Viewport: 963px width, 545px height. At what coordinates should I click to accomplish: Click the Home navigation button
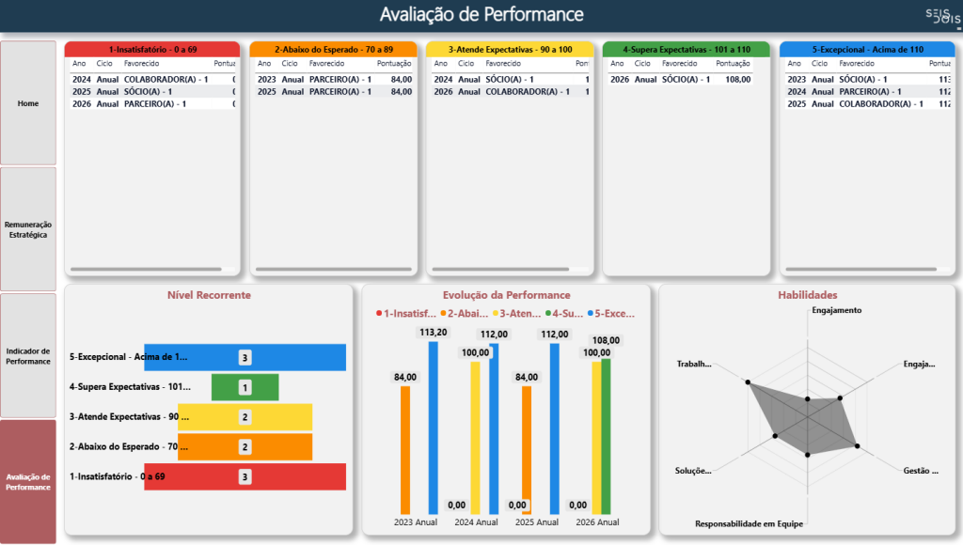(28, 103)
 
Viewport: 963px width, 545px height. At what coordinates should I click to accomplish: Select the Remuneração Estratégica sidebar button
(28, 229)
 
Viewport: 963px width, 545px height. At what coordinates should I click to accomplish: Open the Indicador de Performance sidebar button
(28, 355)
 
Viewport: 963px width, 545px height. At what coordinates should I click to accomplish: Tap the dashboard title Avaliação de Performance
(481, 14)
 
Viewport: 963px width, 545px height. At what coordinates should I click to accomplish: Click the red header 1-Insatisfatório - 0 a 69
(151, 49)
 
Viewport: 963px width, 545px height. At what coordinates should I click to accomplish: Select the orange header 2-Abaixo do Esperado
(333, 49)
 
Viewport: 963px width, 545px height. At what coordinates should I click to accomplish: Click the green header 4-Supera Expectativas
(686, 49)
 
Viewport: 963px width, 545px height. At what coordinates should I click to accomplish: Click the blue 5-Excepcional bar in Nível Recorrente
(282, 358)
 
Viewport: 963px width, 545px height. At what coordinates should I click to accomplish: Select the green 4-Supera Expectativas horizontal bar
(245, 387)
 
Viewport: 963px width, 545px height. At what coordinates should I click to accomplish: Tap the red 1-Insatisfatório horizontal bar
(282, 476)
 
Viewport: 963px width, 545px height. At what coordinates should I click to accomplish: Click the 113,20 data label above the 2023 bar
(434, 332)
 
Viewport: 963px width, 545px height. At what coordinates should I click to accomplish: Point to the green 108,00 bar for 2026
(606, 432)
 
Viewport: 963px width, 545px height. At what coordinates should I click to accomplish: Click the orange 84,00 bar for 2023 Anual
(405, 446)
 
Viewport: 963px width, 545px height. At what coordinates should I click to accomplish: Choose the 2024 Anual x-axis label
(477, 522)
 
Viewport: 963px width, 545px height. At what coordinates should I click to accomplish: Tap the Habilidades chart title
(807, 295)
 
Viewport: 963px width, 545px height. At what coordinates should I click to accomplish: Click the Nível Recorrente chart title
(209, 295)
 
